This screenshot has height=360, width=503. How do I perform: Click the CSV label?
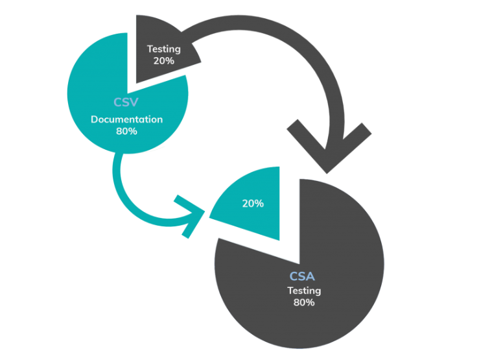(x=126, y=102)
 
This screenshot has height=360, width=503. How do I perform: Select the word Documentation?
(x=126, y=119)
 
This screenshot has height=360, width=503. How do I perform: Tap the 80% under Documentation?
(x=126, y=131)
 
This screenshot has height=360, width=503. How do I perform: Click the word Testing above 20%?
(x=163, y=49)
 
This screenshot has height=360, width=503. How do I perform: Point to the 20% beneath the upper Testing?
(x=163, y=60)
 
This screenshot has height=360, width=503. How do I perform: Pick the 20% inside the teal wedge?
(x=253, y=203)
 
